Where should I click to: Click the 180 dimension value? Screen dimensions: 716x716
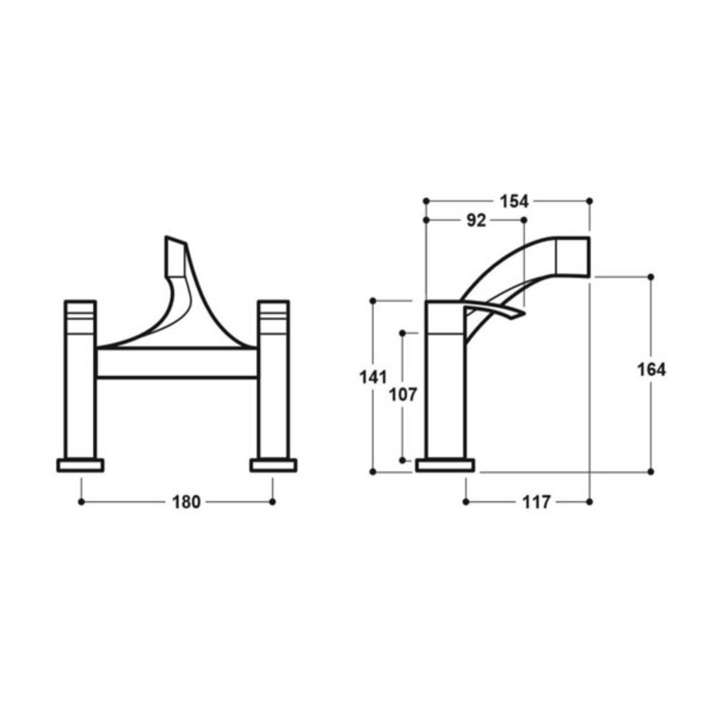pos(186,502)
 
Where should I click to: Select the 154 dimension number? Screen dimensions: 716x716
pos(514,202)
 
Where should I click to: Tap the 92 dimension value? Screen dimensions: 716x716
pos(476,221)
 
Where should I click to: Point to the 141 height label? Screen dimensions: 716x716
pos(374,377)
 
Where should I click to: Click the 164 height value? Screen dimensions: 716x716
pos(651,370)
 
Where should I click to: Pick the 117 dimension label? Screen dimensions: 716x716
pos(536,502)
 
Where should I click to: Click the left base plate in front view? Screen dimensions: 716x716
pos(80,465)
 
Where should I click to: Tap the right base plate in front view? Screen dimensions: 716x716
pos(273,465)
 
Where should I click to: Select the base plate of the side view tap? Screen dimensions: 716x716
pos(445,465)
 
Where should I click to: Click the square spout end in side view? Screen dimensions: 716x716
pos(573,257)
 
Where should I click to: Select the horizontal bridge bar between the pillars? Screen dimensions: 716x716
pos(177,363)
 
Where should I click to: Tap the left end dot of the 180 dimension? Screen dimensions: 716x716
pos(81,502)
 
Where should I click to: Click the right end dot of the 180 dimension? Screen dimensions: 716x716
pos(273,502)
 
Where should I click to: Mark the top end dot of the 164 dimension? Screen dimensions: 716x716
pos(651,277)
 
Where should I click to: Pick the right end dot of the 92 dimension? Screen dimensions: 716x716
pos(524,220)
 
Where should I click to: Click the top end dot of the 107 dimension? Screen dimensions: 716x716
pos(403,332)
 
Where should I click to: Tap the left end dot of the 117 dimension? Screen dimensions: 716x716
pos(465,502)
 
